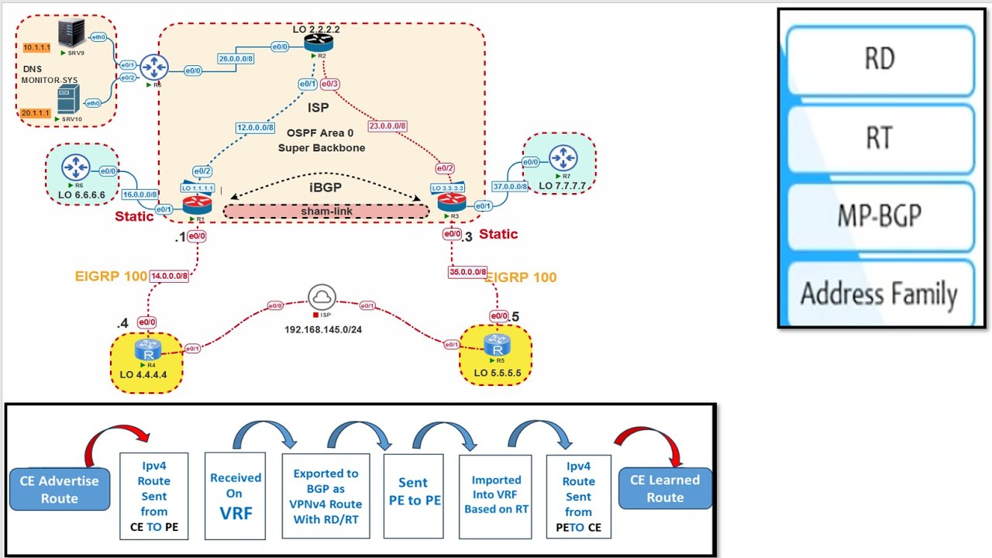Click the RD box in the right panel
click(880, 60)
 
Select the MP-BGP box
click(880, 216)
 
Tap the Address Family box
click(880, 294)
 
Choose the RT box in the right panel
click(880, 138)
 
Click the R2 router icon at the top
click(319, 43)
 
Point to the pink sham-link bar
click(326, 211)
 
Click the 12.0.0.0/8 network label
click(255, 128)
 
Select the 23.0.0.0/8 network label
click(387, 126)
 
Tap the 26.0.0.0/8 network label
click(236, 59)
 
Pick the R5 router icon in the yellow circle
click(497, 345)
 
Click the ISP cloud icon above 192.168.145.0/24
click(322, 298)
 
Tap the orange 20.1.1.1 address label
click(36, 113)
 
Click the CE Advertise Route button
click(60, 489)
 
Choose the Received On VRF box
click(236, 496)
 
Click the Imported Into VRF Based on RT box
click(496, 495)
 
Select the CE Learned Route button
click(665, 488)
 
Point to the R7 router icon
click(563, 158)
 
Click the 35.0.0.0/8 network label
click(467, 272)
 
